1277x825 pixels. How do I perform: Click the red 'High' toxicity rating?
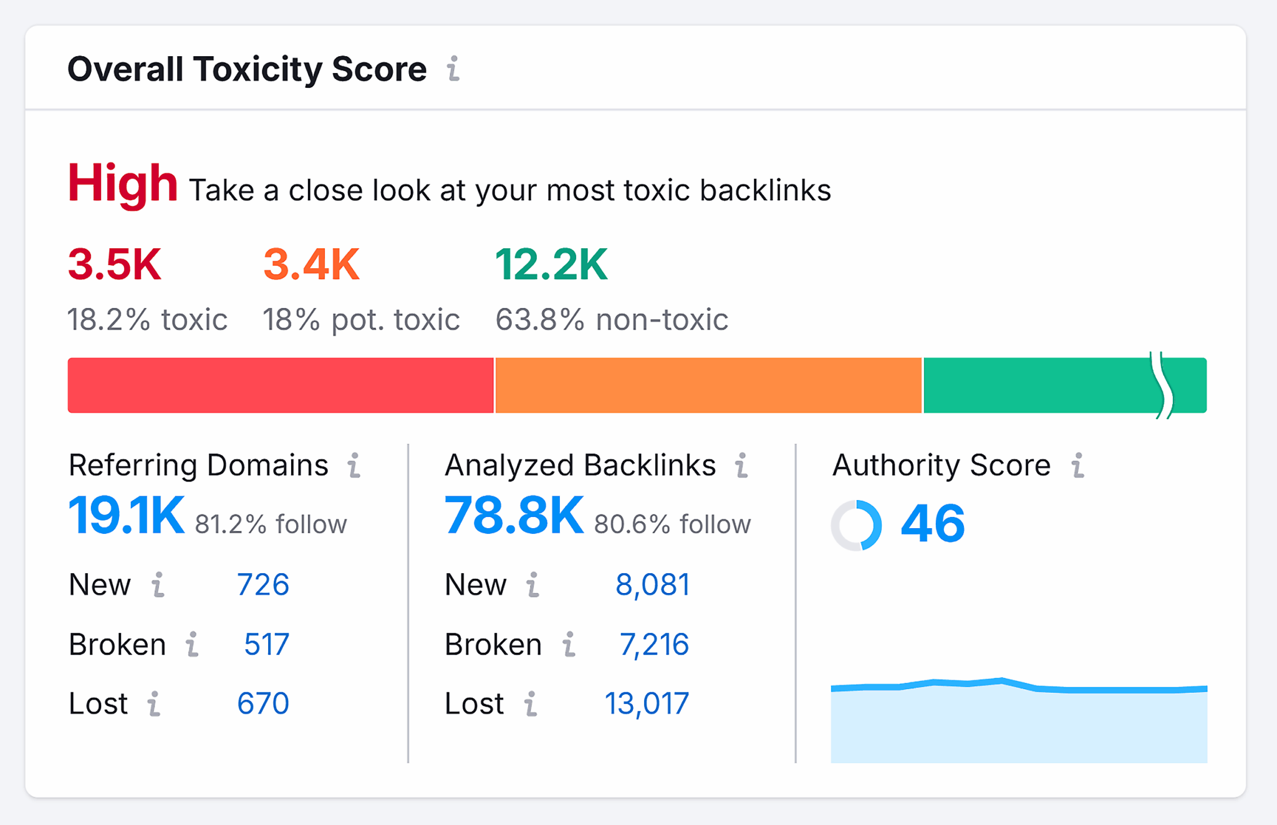click(x=122, y=183)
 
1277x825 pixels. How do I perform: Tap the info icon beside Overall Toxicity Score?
click(x=453, y=69)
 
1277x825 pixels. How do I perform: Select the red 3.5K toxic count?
click(x=115, y=264)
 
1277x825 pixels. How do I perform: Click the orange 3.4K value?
click(x=311, y=264)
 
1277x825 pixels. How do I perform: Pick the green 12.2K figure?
click(x=551, y=264)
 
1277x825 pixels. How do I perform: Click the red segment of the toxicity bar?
click(x=281, y=385)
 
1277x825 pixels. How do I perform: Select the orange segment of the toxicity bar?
click(x=708, y=385)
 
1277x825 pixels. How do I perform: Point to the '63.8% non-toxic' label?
click(x=612, y=320)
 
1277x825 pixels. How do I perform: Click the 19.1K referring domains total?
click(x=127, y=516)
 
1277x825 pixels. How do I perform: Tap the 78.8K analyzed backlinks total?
click(x=514, y=516)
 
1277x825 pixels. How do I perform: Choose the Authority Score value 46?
click(x=933, y=524)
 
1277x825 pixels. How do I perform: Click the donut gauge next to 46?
click(x=857, y=525)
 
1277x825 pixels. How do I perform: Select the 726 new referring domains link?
click(x=263, y=585)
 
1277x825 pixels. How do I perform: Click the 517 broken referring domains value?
click(x=266, y=644)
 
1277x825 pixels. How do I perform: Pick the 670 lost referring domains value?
click(x=263, y=703)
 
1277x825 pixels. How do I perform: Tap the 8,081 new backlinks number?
click(x=652, y=585)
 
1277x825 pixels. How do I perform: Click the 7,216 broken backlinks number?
click(x=654, y=644)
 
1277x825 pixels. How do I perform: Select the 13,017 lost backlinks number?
click(x=647, y=703)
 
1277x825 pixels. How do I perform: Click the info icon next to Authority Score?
click(x=1077, y=466)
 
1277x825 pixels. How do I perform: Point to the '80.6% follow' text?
click(x=672, y=524)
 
